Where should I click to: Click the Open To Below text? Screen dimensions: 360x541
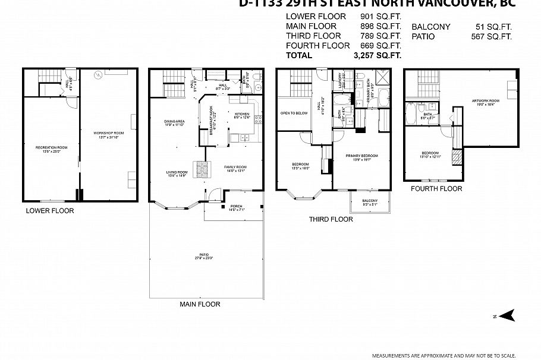pos(294,113)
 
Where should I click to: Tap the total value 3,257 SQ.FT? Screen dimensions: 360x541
pos(377,55)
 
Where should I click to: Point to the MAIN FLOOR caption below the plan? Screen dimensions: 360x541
pos(200,304)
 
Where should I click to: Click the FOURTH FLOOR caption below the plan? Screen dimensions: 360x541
pos(436,189)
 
